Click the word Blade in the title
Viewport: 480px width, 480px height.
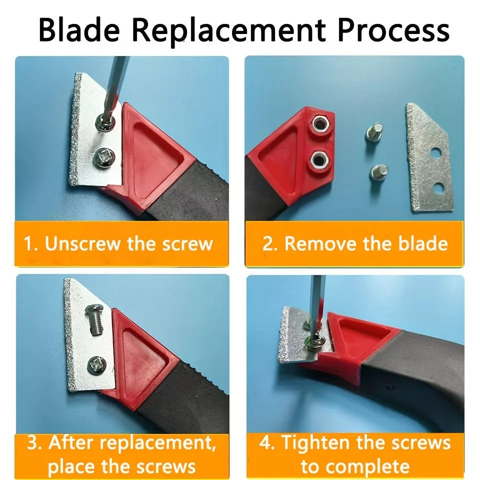pyautogui.click(x=78, y=30)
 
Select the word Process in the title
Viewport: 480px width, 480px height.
pyautogui.click(x=393, y=30)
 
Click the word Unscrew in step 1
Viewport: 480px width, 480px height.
pyautogui.click(x=82, y=243)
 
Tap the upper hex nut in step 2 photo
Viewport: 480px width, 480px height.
pyautogui.click(x=320, y=124)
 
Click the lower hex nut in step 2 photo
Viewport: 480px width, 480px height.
pyautogui.click(x=319, y=160)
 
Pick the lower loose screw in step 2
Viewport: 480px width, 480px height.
pyautogui.click(x=379, y=172)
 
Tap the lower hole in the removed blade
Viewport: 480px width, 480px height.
pyautogui.click(x=439, y=187)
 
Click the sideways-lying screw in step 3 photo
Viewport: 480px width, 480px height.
pyautogui.click(x=95, y=319)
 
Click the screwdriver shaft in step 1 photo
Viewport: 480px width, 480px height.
pyautogui.click(x=114, y=87)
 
